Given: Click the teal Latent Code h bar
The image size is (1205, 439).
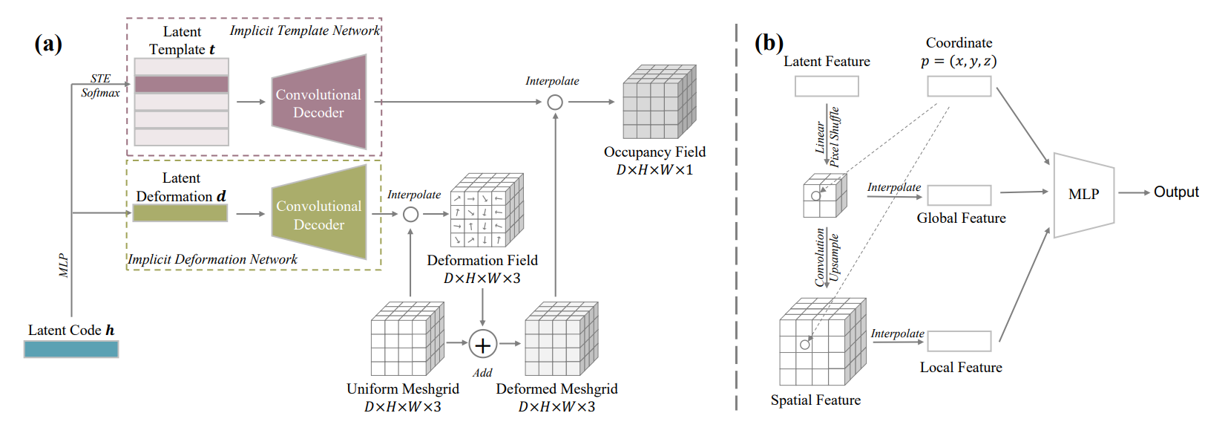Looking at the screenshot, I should point(71,349).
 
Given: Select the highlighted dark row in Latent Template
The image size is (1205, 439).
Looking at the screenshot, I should point(182,84).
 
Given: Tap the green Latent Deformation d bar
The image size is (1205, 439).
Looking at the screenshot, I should point(180,213).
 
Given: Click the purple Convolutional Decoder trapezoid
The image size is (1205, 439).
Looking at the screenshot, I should point(319,103).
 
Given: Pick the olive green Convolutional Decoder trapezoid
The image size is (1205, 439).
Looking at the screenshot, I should point(319,213).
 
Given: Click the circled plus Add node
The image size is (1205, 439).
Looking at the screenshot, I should point(482,345).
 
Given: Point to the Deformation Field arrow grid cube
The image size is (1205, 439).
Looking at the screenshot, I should point(485,211).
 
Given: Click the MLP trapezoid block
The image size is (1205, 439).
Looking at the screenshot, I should point(1083,195).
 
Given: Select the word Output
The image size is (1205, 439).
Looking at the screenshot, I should point(1175,192).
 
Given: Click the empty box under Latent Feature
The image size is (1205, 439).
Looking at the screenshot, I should point(827,87).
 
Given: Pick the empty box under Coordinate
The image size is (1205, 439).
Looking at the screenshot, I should point(959,87).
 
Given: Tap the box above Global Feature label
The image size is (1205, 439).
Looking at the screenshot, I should point(959,195).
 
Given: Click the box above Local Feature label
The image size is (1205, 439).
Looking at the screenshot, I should point(959,342).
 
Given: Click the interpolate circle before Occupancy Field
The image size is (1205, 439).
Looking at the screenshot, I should point(555,103).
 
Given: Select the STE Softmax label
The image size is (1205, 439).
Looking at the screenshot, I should point(100,85).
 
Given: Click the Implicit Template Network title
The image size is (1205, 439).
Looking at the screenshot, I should point(304,30).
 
